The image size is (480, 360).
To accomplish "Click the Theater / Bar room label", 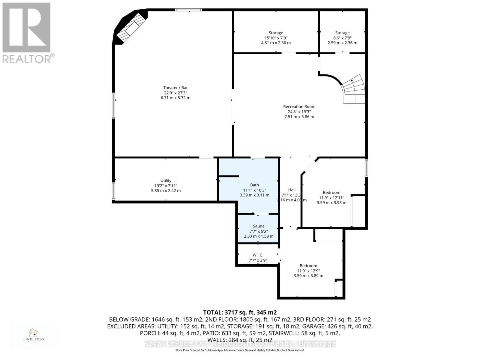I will click(x=175, y=88).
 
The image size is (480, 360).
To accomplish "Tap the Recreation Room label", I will click(x=299, y=106).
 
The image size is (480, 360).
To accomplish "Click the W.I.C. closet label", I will click(x=258, y=255).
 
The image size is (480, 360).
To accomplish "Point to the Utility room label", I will click(x=166, y=180).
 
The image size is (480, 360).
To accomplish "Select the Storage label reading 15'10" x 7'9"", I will click(x=276, y=38).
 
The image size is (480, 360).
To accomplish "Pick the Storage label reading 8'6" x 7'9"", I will click(x=342, y=38).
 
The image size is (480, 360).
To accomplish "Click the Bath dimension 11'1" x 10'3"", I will click(x=254, y=190).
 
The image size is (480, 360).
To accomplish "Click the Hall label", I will click(x=292, y=190).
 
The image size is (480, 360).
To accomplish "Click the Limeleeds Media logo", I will click(x=34, y=335).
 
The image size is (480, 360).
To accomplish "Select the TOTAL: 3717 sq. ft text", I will click(x=240, y=312).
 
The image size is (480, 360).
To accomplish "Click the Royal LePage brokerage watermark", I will click(x=240, y=343).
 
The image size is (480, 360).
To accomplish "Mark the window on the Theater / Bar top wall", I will click(x=188, y=10).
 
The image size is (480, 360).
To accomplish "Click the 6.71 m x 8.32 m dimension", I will click(x=175, y=98).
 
